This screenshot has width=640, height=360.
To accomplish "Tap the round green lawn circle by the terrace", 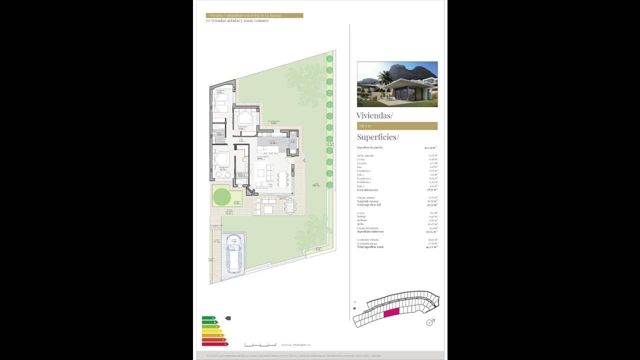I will (x=222, y=196).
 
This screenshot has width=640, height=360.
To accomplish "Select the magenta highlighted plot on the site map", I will (x=391, y=312).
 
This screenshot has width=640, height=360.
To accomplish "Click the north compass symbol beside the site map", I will (x=429, y=322).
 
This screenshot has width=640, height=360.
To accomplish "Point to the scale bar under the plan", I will (x=260, y=344).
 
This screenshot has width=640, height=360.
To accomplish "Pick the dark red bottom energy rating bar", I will (x=214, y=344).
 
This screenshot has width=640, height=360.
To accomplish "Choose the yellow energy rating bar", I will (x=212, y=331).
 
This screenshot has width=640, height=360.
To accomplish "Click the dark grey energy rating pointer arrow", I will (x=228, y=318).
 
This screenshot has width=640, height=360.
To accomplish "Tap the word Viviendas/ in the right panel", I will (x=374, y=115).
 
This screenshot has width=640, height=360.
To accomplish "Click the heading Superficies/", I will (x=377, y=137).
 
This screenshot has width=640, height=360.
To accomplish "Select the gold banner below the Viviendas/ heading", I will (x=397, y=126).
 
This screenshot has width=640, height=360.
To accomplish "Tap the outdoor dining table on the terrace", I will (x=290, y=205).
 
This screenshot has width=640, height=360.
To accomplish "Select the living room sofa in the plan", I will (x=261, y=173).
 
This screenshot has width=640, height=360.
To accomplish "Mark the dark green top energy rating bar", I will (x=208, y=318).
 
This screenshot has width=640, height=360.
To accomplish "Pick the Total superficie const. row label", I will (x=370, y=247).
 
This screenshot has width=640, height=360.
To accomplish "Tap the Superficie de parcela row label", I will (x=369, y=147).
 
